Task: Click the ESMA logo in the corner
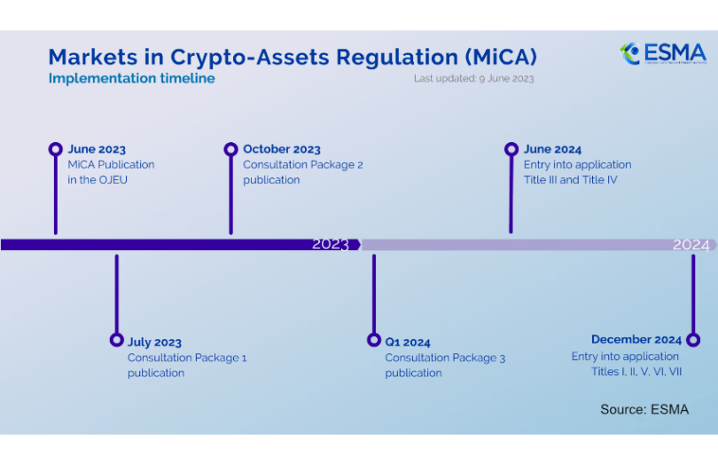pyautogui.click(x=663, y=53)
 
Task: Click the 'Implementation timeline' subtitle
pyautogui.click(x=131, y=78)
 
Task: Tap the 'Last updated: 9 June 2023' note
pyautogui.click(x=473, y=78)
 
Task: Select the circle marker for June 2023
pyautogui.click(x=56, y=149)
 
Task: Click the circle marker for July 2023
pyautogui.click(x=116, y=340)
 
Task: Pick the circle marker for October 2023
pyautogui.click(x=230, y=149)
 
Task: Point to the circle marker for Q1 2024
pyautogui.click(x=373, y=340)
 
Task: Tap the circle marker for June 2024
pyautogui.click(x=511, y=149)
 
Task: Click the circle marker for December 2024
pyautogui.click(x=693, y=340)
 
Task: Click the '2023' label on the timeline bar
pyautogui.click(x=331, y=244)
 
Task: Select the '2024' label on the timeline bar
pyautogui.click(x=691, y=244)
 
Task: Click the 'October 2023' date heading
pyautogui.click(x=282, y=149)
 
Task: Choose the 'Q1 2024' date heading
pyautogui.click(x=408, y=342)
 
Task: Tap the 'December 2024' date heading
pyautogui.click(x=636, y=340)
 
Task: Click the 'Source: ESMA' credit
pyautogui.click(x=644, y=409)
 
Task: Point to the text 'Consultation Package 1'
pyautogui.click(x=187, y=358)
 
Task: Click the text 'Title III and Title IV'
pyautogui.click(x=570, y=180)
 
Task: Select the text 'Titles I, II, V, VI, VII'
pyautogui.click(x=636, y=372)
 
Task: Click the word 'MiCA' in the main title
pyautogui.click(x=500, y=57)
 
